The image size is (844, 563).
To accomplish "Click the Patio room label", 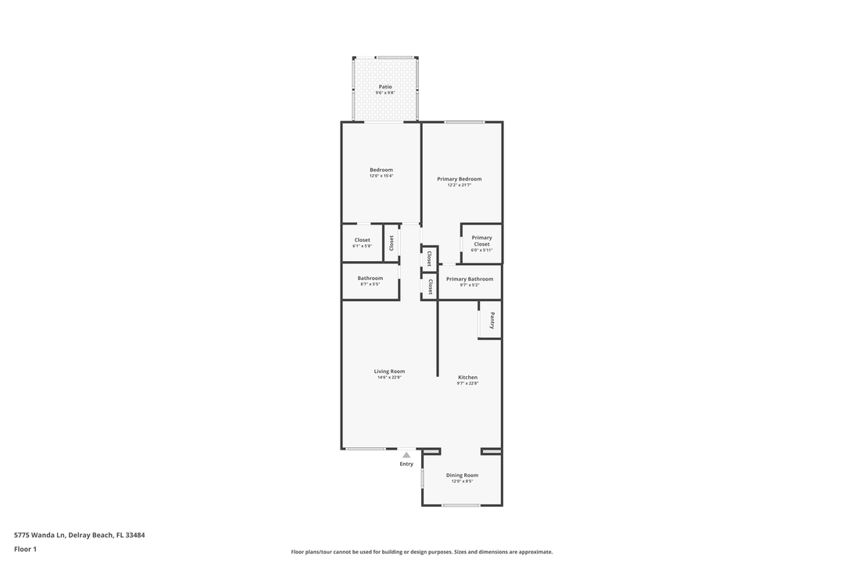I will (385, 87).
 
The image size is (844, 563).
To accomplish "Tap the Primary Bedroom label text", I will (459, 179).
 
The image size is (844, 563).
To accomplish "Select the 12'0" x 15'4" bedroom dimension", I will (381, 176).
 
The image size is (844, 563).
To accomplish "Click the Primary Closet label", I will (481, 241).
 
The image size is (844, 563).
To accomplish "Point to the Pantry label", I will (492, 320).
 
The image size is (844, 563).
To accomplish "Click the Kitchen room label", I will (467, 377).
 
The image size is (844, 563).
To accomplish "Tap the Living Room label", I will (389, 371).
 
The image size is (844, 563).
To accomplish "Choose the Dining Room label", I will (462, 475).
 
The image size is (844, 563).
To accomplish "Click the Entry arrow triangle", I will (406, 454).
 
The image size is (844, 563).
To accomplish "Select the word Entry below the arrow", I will (406, 464).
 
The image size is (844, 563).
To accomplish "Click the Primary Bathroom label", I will (470, 278).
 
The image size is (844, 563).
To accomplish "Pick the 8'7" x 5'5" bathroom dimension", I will (370, 285).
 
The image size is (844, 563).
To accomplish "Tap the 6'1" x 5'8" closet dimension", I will (362, 246).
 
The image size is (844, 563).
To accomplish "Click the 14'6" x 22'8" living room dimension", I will (389, 378).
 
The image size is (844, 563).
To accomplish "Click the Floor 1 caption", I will (25, 549).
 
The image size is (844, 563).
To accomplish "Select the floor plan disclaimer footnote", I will (422, 551).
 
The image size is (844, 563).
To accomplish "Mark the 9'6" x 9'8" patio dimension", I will (385, 93).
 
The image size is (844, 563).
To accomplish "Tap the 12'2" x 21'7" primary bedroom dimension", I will (459, 185).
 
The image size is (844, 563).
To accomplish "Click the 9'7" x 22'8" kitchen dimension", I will (467, 383).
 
